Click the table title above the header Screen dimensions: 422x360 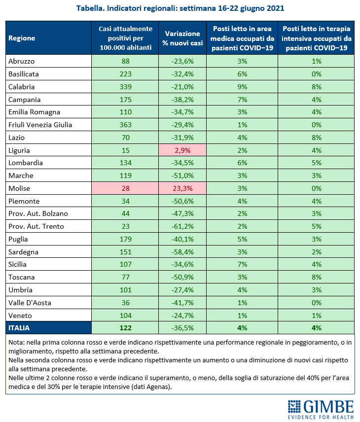pyautogui.click(x=180, y=9)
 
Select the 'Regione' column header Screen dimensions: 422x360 pyautogui.click(x=22, y=38)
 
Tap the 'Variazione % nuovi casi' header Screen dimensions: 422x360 pyautogui.click(x=182, y=38)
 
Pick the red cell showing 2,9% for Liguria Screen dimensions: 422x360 pyautogui.click(x=182, y=150)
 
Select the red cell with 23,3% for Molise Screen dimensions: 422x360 pyautogui.click(x=182, y=188)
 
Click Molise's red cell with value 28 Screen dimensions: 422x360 pyautogui.click(x=125, y=188)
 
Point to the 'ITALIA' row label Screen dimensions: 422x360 pyautogui.click(x=19, y=327)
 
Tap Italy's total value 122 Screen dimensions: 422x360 pyautogui.click(x=125, y=327)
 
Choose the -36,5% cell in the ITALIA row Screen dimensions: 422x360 pyautogui.click(x=182, y=327)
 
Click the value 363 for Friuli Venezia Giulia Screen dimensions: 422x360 pyautogui.click(x=125, y=125)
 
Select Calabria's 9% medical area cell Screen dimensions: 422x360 pyautogui.click(x=242, y=87)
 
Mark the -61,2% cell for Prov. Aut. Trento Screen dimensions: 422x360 pyautogui.click(x=182, y=227)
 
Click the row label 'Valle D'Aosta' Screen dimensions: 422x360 pyautogui.click(x=30, y=302)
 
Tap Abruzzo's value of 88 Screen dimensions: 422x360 pyautogui.click(x=125, y=61)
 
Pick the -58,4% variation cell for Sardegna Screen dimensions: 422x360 pyautogui.click(x=182, y=252)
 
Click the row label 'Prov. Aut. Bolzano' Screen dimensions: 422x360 pyautogui.click(x=38, y=214)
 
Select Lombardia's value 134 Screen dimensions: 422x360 pyautogui.click(x=125, y=163)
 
